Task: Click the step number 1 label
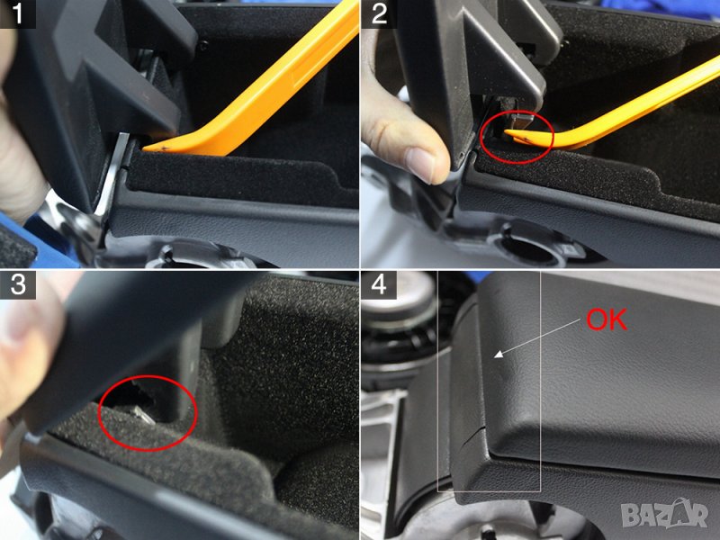17,13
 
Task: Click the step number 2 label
378,13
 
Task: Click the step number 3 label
17,284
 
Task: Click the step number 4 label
378,284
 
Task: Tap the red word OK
607,319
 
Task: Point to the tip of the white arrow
494,356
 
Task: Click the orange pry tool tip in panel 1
146,148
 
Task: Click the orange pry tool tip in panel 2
508,132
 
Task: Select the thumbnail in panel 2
420,163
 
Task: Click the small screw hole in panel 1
204,45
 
